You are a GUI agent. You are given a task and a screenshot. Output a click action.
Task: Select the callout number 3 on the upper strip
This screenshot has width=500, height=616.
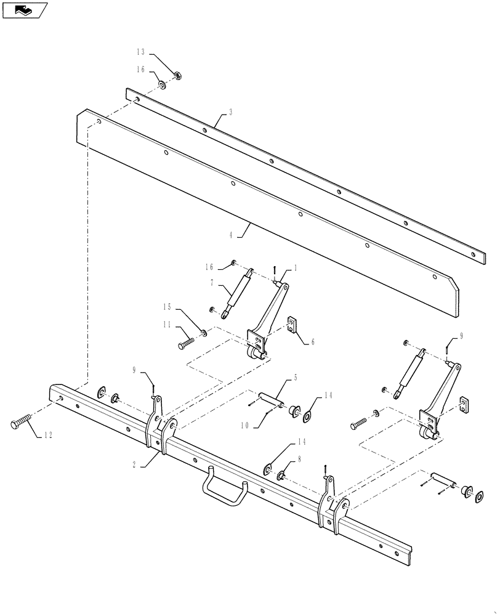[x=230, y=112]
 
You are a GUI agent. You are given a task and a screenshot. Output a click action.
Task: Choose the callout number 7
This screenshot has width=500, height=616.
[x=212, y=282]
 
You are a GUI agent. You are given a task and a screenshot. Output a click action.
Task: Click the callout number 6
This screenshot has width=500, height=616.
[x=312, y=341]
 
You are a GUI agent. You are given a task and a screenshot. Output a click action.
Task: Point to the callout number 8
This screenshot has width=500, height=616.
[x=299, y=459]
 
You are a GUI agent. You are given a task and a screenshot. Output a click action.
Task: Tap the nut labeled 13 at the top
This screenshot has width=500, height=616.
[x=176, y=76]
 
